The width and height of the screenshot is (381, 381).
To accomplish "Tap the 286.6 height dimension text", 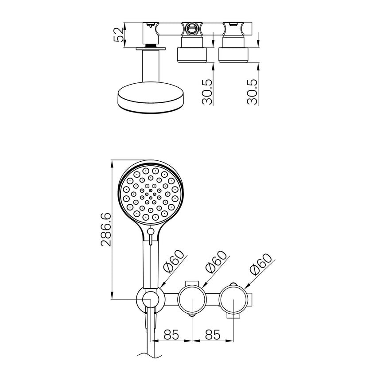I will (x=105, y=229).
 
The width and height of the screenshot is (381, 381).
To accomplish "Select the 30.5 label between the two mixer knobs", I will (x=207, y=92).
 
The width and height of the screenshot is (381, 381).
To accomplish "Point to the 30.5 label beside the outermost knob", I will (x=252, y=92).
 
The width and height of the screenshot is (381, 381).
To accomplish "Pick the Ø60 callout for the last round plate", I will (x=260, y=265).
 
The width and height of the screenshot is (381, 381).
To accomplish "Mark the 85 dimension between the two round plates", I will (x=213, y=334).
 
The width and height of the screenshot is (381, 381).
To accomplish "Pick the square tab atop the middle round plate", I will (x=191, y=283).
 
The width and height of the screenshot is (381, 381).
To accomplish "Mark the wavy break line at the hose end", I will (x=151, y=354).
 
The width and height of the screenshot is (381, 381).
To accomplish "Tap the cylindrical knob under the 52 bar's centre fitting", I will (x=192, y=54).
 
